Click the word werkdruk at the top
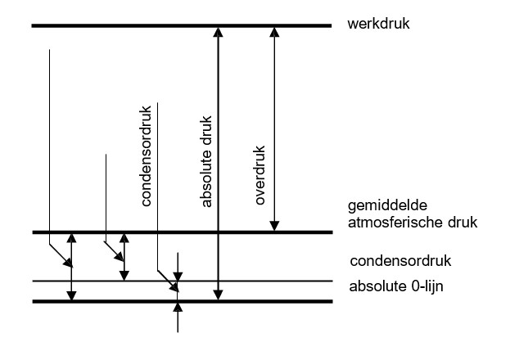(x=378, y=25)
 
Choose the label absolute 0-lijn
(x=395, y=286)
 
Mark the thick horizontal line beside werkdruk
(x=123, y=27)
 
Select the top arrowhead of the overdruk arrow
(x=275, y=34)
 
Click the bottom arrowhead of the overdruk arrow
(x=275, y=226)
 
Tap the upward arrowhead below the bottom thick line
(x=178, y=308)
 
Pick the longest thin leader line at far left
(x=50, y=147)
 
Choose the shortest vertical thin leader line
(x=106, y=196)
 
